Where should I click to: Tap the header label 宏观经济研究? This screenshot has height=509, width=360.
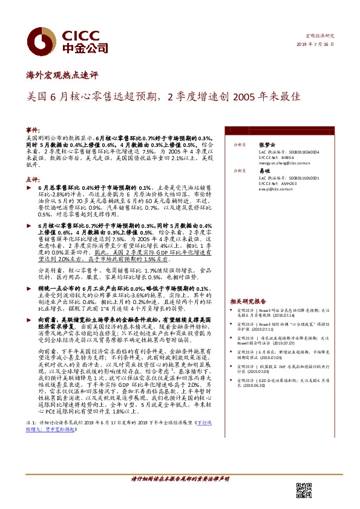319,36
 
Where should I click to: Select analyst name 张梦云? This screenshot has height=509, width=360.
266,145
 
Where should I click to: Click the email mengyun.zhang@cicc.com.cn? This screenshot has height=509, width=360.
284,163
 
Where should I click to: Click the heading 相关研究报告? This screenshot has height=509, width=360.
247,301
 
